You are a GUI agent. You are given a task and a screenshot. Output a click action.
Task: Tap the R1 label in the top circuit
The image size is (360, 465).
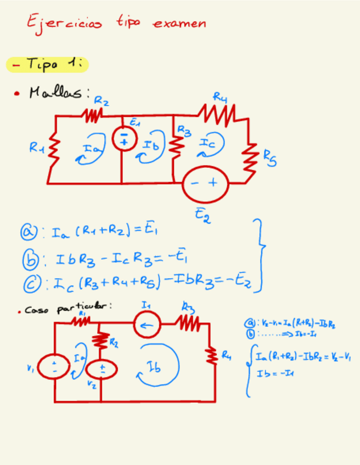click(x=37, y=147)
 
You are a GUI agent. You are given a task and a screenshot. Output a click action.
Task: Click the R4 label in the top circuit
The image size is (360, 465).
click(x=221, y=98)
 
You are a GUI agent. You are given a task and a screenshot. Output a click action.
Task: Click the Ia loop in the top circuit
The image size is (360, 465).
click(x=92, y=148)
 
